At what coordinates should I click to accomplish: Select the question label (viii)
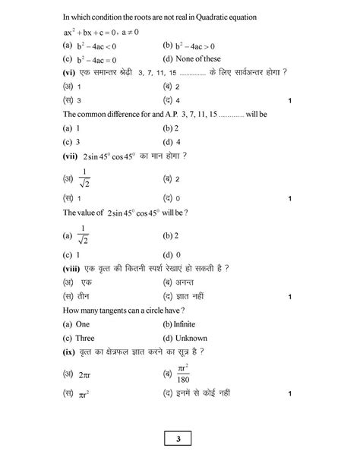point(76,270)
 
